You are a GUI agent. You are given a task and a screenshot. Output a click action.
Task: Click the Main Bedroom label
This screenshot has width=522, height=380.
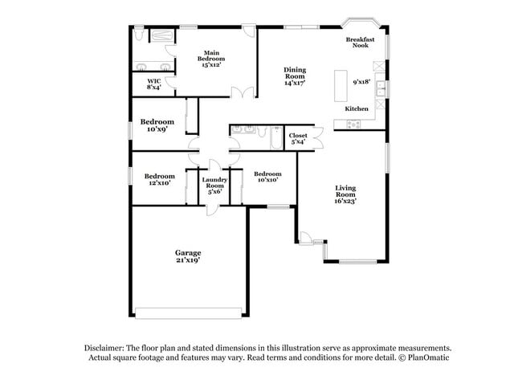tap(212, 59)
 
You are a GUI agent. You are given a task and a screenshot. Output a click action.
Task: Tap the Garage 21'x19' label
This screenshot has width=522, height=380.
tap(188, 256)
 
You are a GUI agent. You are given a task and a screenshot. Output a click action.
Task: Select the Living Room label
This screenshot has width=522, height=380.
tap(345, 194)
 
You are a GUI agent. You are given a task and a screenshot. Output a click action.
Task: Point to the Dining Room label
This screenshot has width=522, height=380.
tap(295, 76)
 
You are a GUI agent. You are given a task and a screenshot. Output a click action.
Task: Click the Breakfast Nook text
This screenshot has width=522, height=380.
tap(359, 43)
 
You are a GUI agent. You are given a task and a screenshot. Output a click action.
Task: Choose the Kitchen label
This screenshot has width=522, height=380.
tap(357, 108)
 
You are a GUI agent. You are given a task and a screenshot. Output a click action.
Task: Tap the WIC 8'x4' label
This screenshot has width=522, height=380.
tap(153, 84)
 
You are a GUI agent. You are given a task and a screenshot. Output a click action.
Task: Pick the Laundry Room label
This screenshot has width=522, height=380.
tap(214, 186)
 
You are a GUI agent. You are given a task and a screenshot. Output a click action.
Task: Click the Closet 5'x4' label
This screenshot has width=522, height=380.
tap(298, 139)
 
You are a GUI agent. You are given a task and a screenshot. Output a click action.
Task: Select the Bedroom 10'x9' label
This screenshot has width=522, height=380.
tap(157, 125)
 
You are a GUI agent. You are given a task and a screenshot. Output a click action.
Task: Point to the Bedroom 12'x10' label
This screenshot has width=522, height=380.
tap(159, 179)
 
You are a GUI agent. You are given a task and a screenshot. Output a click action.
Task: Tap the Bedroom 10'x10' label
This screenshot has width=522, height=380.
tap(267, 177)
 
